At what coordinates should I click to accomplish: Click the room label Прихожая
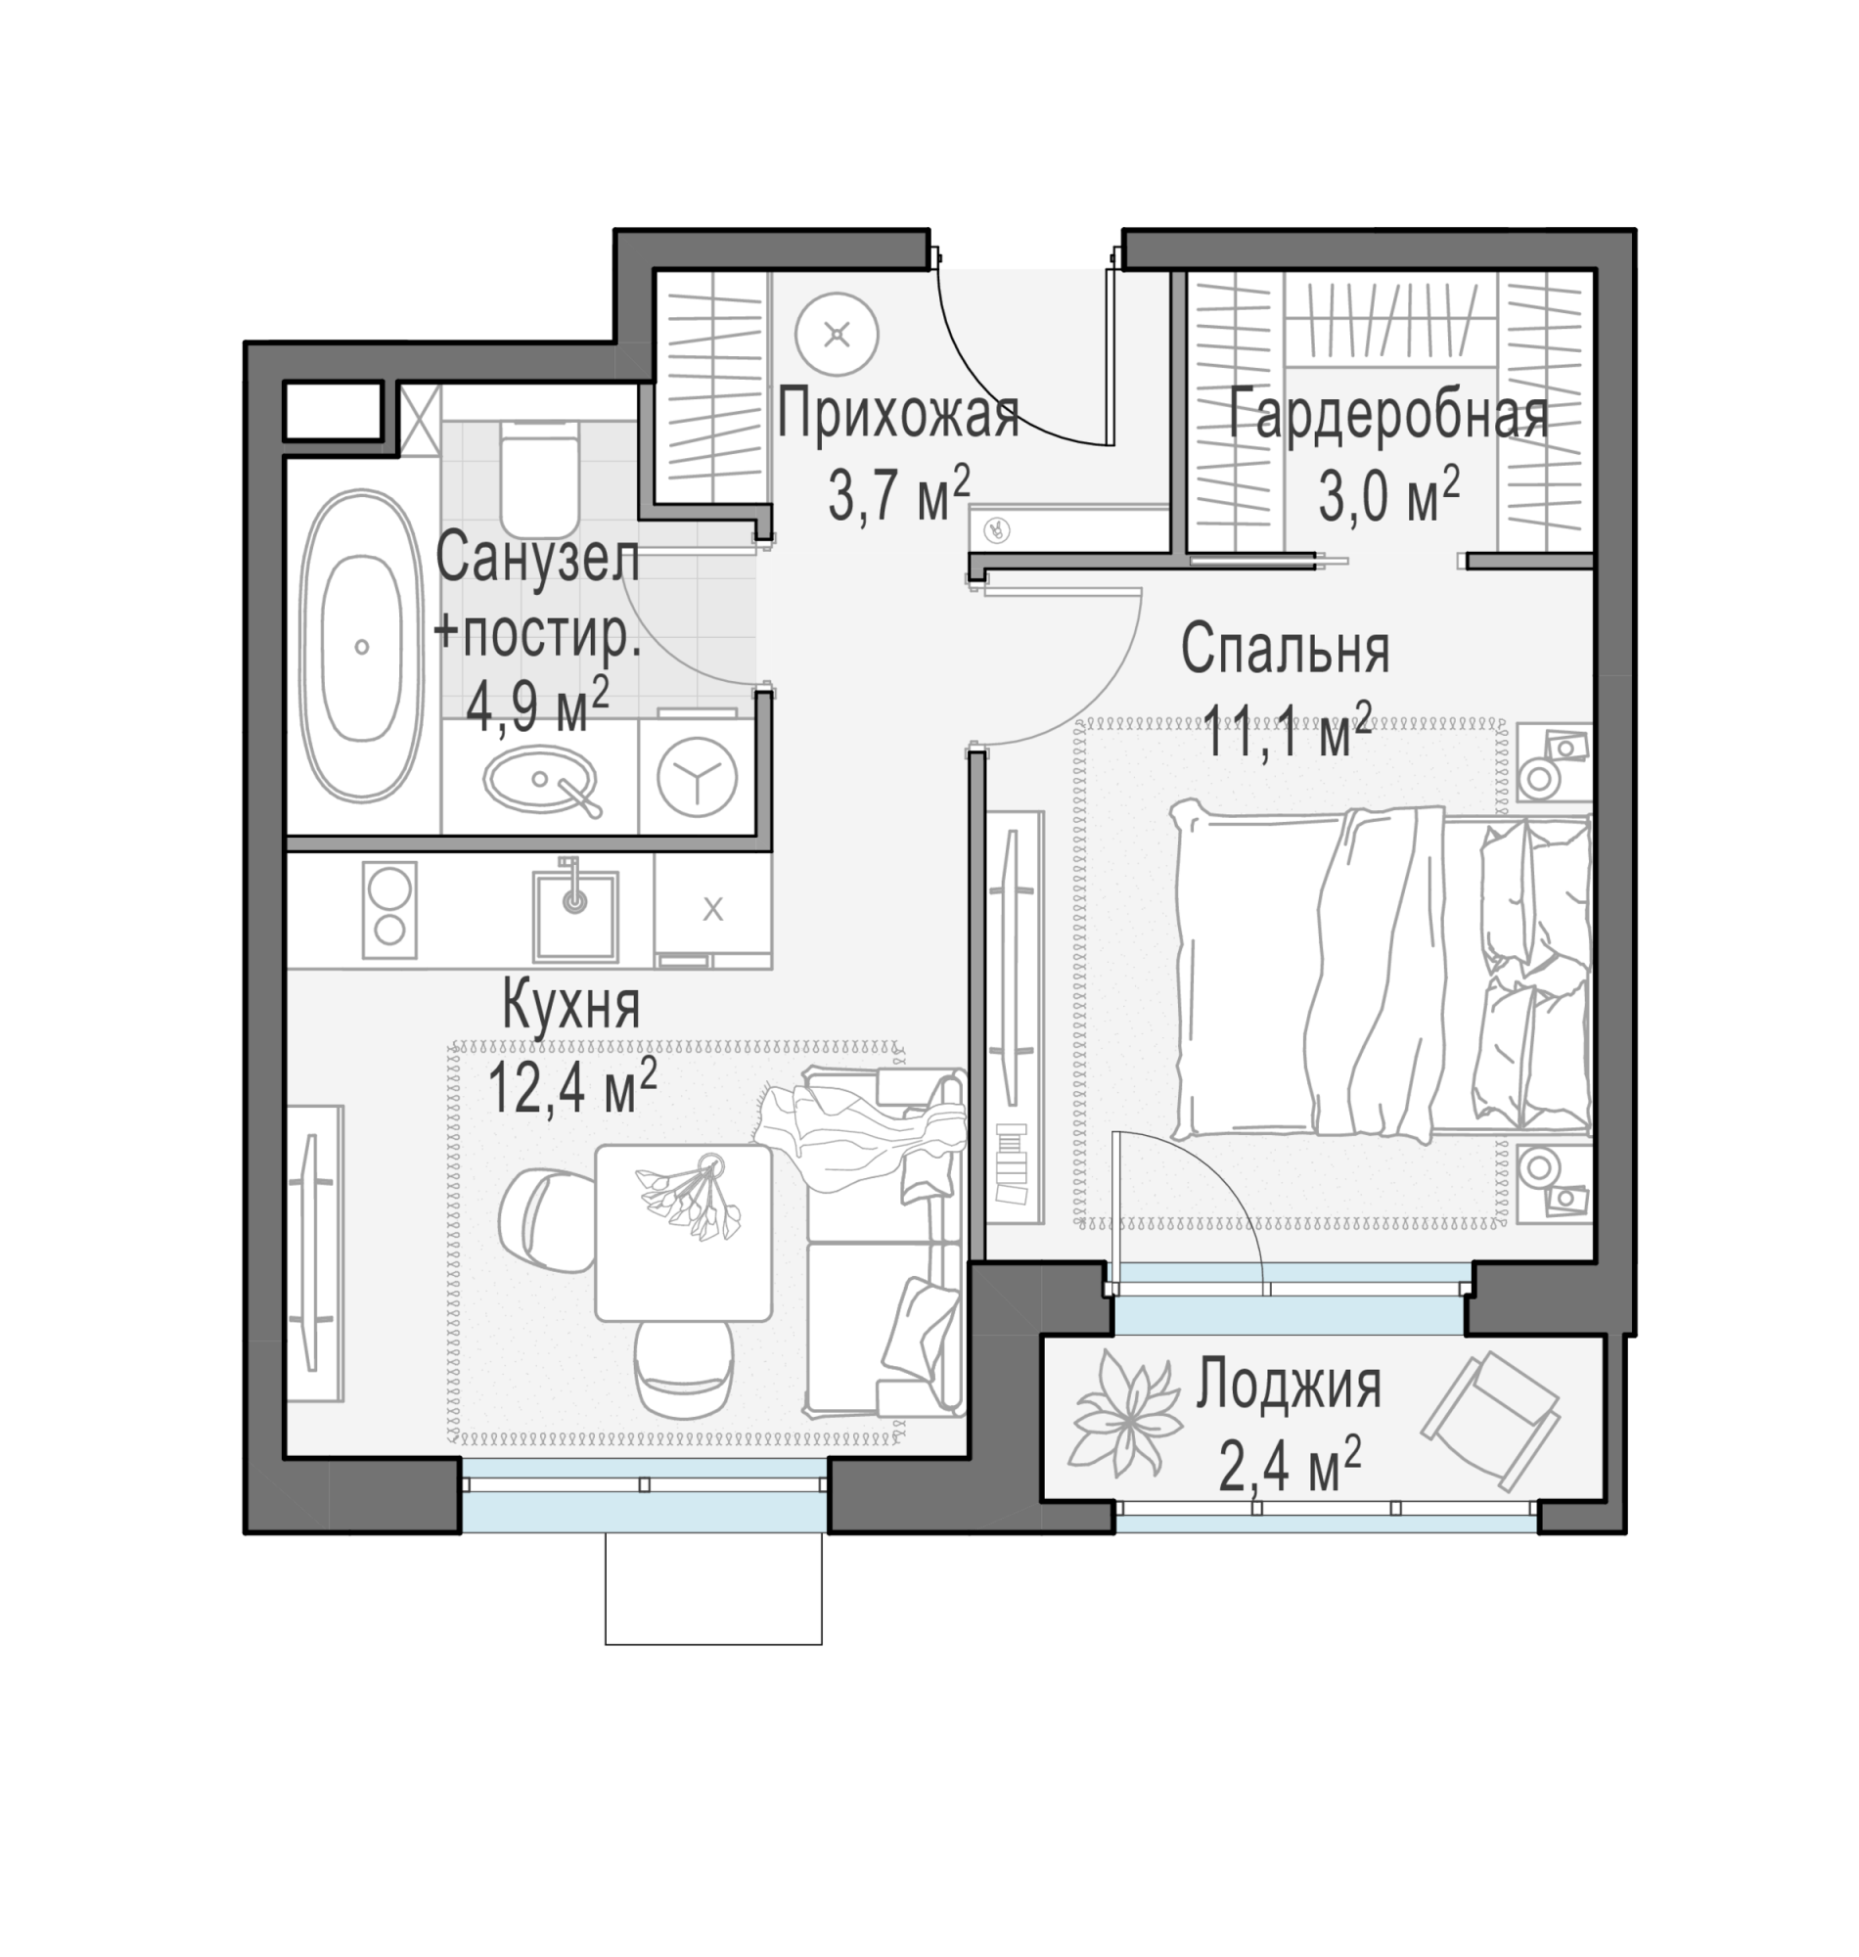tap(898, 414)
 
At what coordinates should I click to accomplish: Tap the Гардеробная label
tap(1388, 414)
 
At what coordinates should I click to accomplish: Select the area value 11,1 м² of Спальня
tap(1288, 731)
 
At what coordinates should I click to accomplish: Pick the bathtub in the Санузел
tap(362, 646)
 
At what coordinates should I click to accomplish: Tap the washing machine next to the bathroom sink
tap(696, 775)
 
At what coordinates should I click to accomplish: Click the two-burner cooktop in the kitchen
tap(389, 910)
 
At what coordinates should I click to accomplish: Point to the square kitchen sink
tap(575, 915)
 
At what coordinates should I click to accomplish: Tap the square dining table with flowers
tap(684, 1233)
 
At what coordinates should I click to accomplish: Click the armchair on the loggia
tap(1491, 1422)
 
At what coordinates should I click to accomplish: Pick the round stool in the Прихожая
tap(838, 334)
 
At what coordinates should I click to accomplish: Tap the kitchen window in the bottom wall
tap(644, 1494)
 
